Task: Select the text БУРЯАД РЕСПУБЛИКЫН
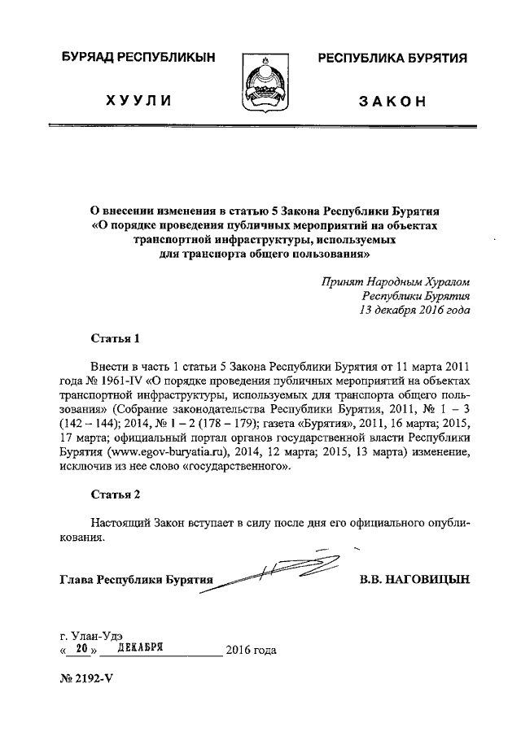138,59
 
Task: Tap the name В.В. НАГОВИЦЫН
414,580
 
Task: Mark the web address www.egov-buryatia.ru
162,453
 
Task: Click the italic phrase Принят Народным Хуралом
395,281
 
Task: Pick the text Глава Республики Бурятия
135,581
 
